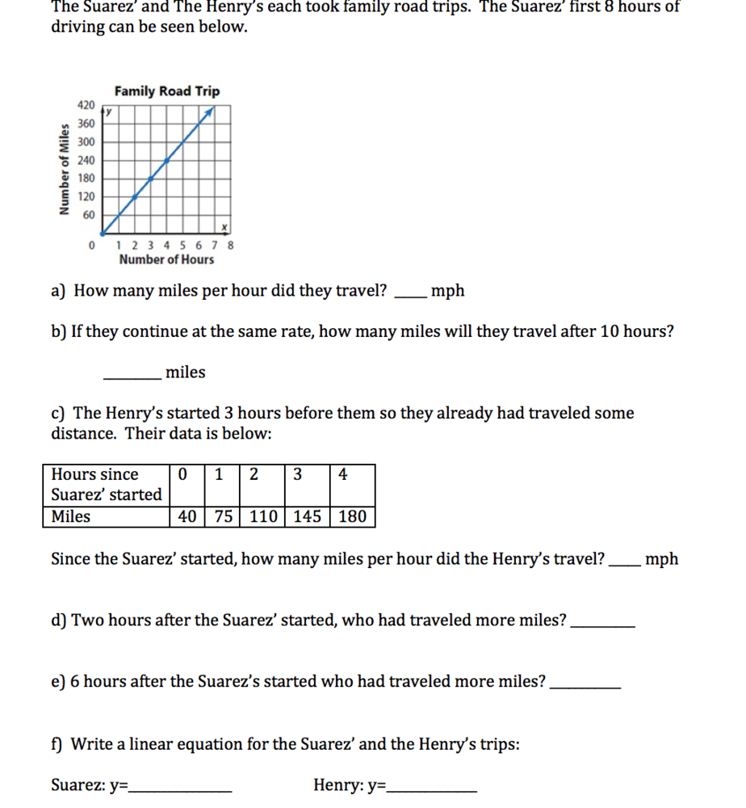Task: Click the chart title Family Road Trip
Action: pos(166,91)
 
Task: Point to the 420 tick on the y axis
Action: pos(86,106)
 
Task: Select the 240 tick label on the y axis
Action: pos(86,160)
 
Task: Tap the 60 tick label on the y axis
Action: pos(88,215)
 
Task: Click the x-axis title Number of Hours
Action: pos(166,259)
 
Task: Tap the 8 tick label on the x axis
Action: pos(231,245)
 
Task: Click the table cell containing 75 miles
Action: pos(222,516)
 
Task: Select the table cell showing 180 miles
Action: pos(352,516)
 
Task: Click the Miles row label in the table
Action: pos(71,516)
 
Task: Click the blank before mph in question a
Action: pos(409,296)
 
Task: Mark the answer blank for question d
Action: pos(602,626)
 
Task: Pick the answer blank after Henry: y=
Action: pos(432,790)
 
